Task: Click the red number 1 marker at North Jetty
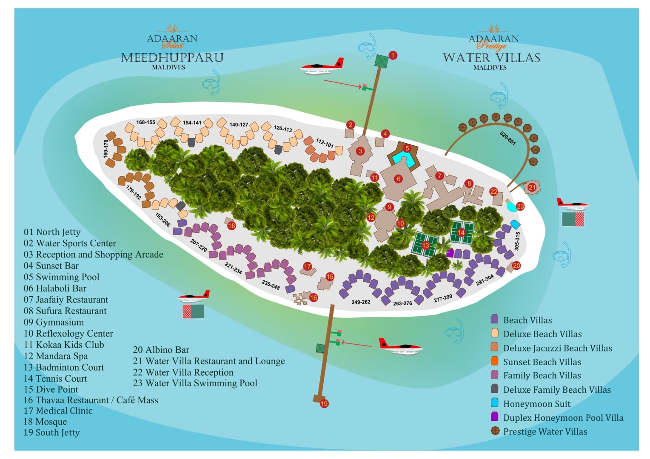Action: pyautogui.click(x=393, y=55)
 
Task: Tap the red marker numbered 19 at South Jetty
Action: pyautogui.click(x=324, y=403)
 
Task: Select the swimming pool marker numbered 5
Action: pyautogui.click(x=407, y=148)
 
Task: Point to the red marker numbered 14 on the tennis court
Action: pyautogui.click(x=461, y=232)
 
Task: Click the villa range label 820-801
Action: pyautogui.click(x=507, y=138)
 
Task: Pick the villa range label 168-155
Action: pyautogui.click(x=145, y=122)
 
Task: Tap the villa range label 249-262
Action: pyautogui.click(x=361, y=302)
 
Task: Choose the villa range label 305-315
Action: pyautogui.click(x=517, y=241)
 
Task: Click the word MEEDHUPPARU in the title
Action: pyautogui.click(x=172, y=57)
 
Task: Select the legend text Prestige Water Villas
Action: pyautogui.click(x=545, y=431)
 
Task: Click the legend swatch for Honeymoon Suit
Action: pyautogui.click(x=494, y=403)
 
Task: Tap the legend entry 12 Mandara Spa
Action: pyautogui.click(x=56, y=356)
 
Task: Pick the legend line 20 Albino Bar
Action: pyautogui.click(x=161, y=350)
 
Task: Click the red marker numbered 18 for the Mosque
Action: pyautogui.click(x=231, y=226)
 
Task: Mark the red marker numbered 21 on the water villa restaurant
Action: pyautogui.click(x=532, y=187)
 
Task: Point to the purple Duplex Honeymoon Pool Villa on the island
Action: pyautogui.click(x=450, y=253)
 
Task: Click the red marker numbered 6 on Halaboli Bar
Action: pyautogui.click(x=399, y=179)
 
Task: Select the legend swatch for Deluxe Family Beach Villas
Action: pyautogui.click(x=494, y=388)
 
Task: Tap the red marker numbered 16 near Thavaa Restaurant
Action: pyautogui.click(x=314, y=297)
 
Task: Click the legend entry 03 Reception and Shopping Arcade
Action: pyautogui.click(x=94, y=254)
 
